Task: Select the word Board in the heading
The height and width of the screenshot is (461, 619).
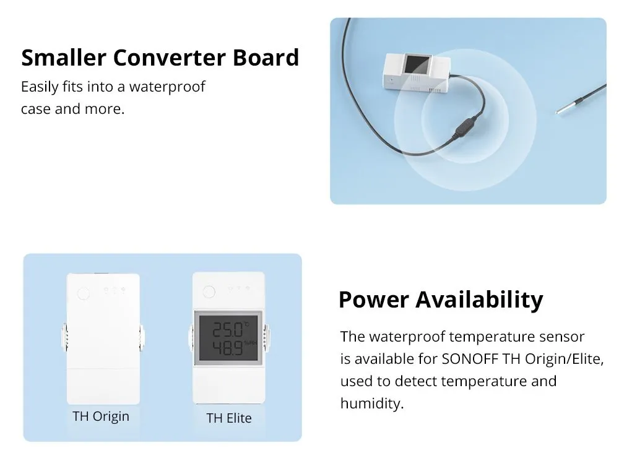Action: [266, 58]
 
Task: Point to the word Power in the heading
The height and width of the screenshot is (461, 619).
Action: [373, 299]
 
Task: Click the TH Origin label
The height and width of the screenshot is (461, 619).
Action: [101, 416]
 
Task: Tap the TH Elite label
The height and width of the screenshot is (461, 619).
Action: [228, 418]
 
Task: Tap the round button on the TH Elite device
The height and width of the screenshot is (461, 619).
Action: [209, 291]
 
